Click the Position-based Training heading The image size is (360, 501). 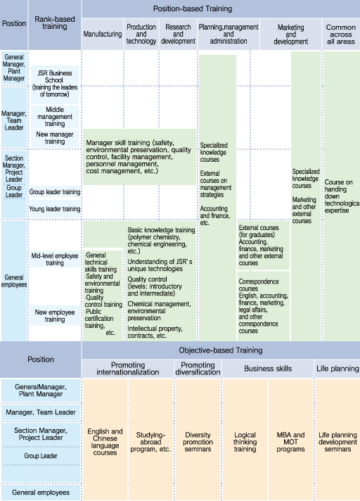click(193, 8)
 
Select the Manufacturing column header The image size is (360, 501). click(103, 34)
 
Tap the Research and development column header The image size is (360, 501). click(178, 34)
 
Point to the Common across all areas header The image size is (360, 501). click(341, 34)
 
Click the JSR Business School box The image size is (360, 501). click(55, 84)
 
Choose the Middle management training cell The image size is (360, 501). click(55, 117)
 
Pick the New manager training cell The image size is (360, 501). click(55, 138)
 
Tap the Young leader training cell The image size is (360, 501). click(55, 209)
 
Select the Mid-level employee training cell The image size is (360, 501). click(55, 259)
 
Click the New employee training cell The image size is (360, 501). click(55, 316)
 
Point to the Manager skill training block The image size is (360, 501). click(139, 157)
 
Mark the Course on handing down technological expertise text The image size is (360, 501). click(342, 196)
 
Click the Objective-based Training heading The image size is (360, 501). click(221, 350)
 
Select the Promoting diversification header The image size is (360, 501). click(198, 369)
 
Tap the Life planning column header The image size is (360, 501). click(337, 369)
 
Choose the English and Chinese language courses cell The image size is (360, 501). click(105, 442)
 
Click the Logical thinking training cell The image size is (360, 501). click(245, 442)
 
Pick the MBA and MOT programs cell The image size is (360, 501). click(290, 442)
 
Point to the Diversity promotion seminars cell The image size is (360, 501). click(198, 442)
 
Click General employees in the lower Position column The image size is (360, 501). click(41, 493)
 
